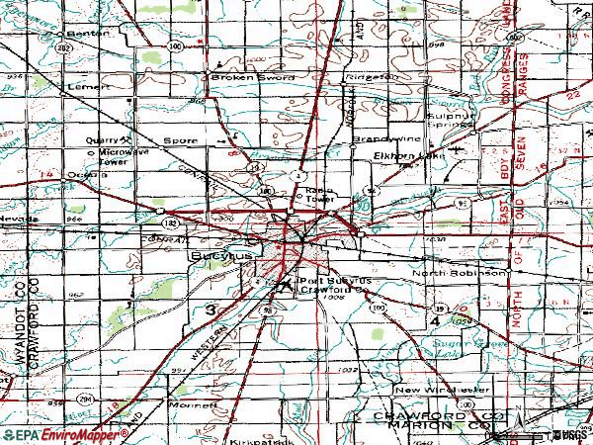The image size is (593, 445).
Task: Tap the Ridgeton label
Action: pyautogui.click(x=370, y=77)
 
